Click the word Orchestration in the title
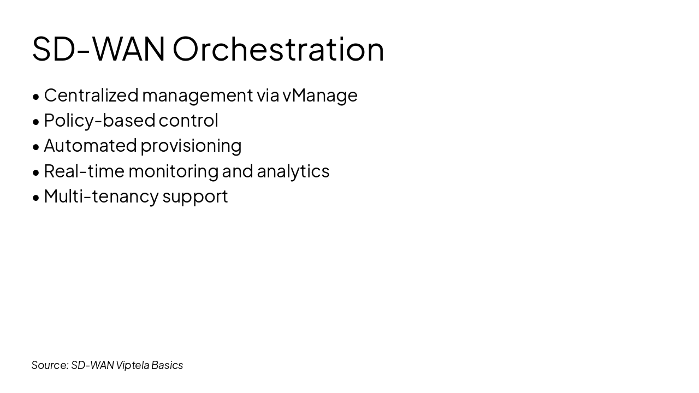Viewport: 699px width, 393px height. click(x=279, y=49)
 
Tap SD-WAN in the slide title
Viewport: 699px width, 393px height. click(x=98, y=49)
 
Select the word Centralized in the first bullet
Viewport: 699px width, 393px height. click(x=91, y=95)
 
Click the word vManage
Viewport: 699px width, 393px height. click(x=320, y=95)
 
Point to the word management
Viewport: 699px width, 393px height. click(x=197, y=95)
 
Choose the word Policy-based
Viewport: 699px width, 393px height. click(x=99, y=120)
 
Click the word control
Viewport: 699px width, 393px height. click(x=188, y=120)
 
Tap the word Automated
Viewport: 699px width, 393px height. click(x=90, y=145)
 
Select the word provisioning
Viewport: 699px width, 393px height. click(x=191, y=146)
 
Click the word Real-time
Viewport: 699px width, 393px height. click(x=84, y=171)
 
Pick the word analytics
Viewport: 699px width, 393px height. click(x=293, y=171)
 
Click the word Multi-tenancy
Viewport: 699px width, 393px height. click(x=101, y=196)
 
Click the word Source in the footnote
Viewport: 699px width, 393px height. click(x=50, y=365)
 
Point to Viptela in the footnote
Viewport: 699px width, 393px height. click(x=132, y=365)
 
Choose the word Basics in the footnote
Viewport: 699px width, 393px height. click(x=167, y=365)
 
